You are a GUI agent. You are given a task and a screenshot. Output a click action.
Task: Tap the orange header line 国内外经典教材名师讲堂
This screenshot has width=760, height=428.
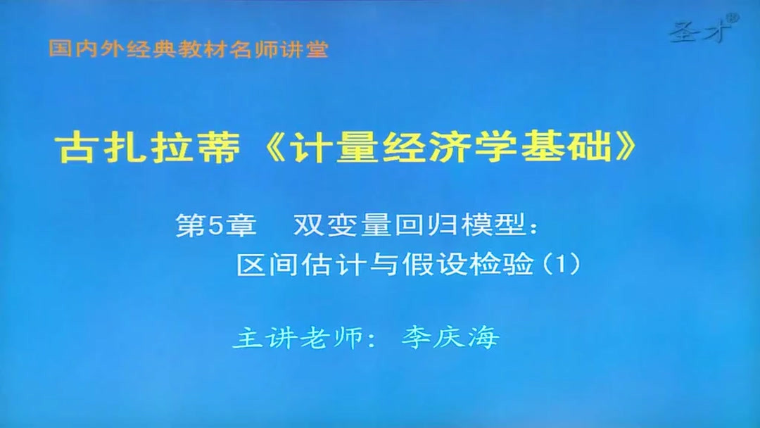pyautogui.click(x=189, y=49)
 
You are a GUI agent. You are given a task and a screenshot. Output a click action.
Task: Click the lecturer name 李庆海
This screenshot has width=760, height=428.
pyautogui.click(x=450, y=338)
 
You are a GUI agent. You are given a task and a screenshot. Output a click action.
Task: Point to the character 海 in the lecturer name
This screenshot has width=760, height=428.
pyautogui.click(x=485, y=338)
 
